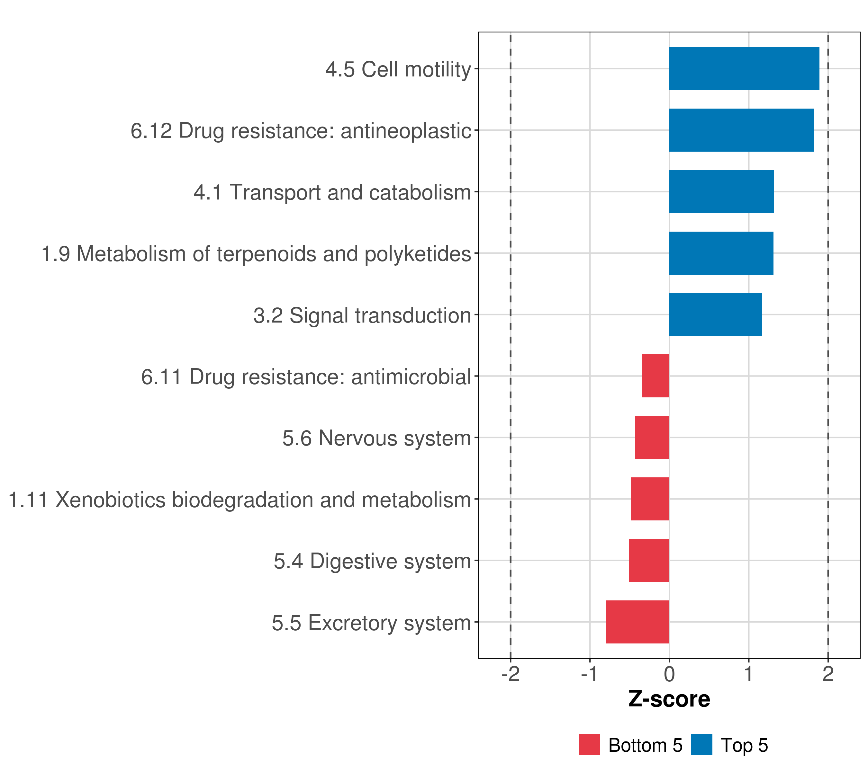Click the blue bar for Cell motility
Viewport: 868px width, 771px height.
(744, 69)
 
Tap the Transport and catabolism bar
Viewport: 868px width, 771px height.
(721, 191)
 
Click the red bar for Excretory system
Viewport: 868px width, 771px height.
(637, 622)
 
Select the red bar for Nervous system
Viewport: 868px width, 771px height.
(652, 438)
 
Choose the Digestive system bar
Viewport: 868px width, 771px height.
(649, 561)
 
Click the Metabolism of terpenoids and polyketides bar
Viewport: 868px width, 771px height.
(721, 253)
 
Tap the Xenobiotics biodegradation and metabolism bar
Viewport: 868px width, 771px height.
(650, 499)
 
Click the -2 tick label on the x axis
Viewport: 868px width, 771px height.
(511, 674)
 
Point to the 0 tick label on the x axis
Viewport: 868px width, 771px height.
(669, 674)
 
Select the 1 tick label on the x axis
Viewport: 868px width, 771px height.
(749, 674)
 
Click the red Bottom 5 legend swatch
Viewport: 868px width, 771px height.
(589, 745)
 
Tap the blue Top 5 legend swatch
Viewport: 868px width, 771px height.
(701, 745)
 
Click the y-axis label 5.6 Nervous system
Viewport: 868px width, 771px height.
(377, 438)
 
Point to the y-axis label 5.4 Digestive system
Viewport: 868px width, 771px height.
(372, 561)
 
